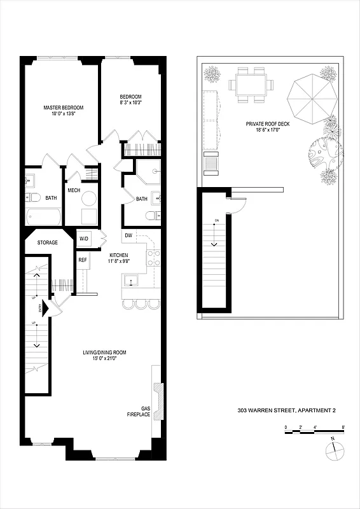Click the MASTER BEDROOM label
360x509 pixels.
tap(63, 107)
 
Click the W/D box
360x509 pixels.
tap(84, 239)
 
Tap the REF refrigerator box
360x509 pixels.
tap(82, 260)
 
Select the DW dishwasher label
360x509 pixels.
tap(128, 235)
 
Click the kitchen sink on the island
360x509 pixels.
tap(133, 280)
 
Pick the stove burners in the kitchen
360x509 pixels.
tap(153, 258)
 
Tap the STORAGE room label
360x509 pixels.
tap(48, 242)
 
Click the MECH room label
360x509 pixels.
tap(74, 190)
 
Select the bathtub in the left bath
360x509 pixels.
tap(43, 217)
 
